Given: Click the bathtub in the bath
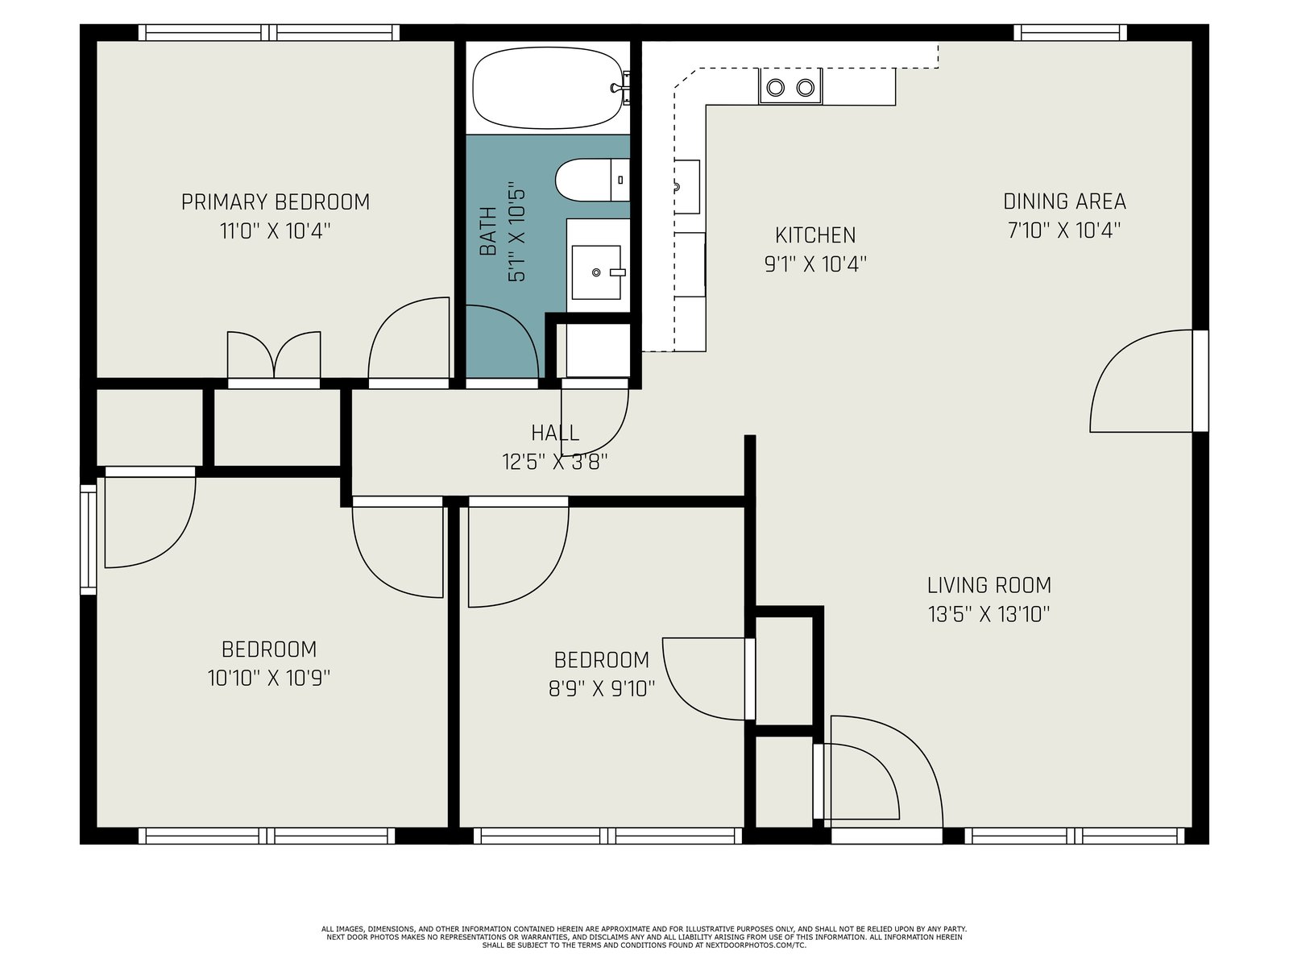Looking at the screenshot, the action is (547, 88).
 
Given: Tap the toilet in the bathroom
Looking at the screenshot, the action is (592, 180).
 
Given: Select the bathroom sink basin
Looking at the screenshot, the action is (596, 272).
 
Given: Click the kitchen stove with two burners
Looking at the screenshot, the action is (790, 86).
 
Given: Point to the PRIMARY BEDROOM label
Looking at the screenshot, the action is (276, 202).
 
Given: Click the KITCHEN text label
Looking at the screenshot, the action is (815, 235).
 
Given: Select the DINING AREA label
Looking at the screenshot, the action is (1064, 201).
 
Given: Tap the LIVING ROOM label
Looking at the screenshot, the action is (989, 585).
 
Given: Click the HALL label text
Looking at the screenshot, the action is (555, 434).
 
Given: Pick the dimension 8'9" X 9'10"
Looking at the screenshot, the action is (601, 688).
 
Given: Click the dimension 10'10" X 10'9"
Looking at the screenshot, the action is (269, 679).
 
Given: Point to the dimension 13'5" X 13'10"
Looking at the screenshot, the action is (989, 614).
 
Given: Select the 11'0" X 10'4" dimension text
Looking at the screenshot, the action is (276, 231).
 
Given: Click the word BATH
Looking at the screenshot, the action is (488, 231).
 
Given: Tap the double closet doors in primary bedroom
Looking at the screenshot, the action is (274, 356).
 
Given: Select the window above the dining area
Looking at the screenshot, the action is (1070, 32).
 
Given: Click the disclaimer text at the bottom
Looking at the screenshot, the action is (644, 937).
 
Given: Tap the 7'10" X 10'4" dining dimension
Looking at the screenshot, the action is (1064, 230).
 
